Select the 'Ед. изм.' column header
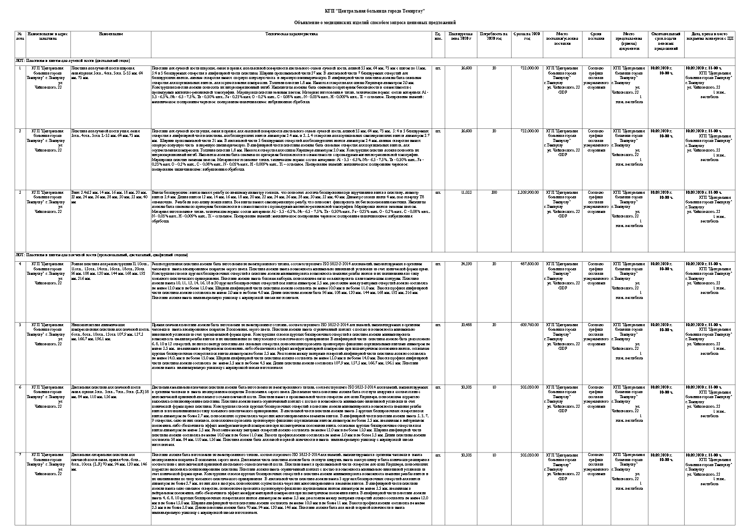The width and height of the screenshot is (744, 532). click(438, 36)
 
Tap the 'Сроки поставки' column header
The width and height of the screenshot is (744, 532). click(596, 36)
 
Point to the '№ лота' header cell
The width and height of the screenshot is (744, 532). click(20, 36)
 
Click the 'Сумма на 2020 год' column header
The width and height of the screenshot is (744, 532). click(527, 36)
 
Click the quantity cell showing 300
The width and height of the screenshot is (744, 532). click(494, 192)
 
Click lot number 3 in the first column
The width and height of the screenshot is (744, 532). click(20, 192)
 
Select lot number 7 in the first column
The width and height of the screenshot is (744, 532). click(20, 455)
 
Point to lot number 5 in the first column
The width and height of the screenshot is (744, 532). click(20, 325)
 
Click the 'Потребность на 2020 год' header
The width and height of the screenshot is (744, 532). click(494, 36)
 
